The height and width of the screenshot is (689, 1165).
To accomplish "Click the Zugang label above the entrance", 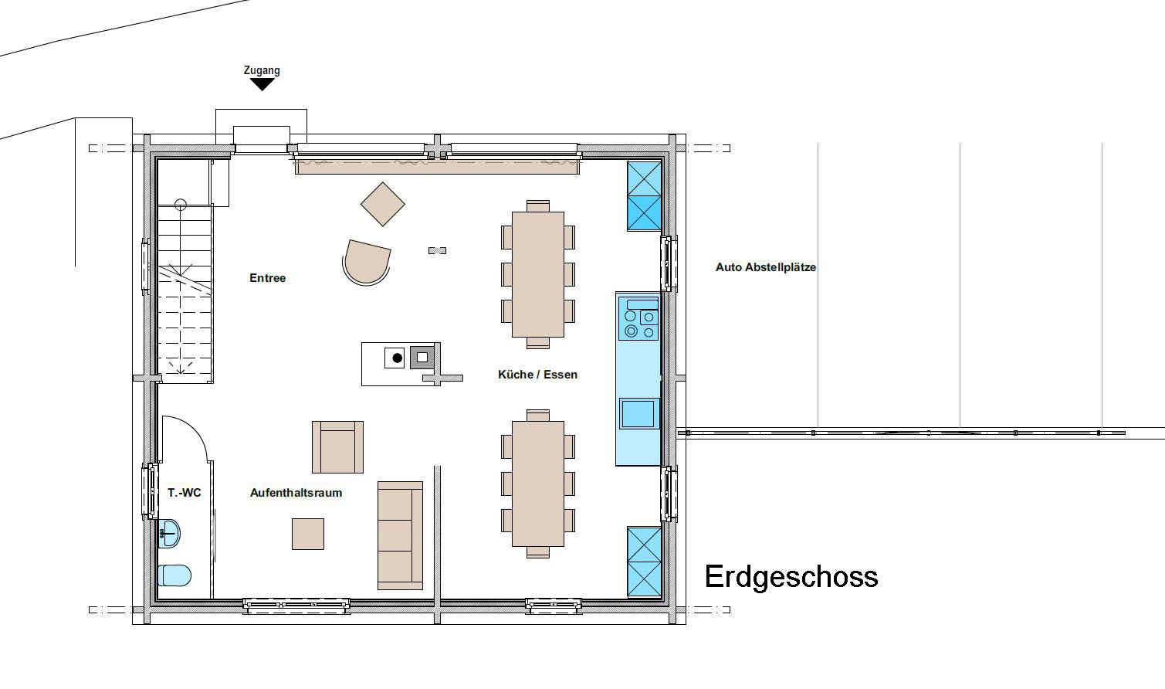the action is pos(262,70).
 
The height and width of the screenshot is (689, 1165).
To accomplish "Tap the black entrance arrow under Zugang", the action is pos(262,84).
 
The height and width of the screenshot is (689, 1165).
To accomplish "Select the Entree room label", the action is pos(267,278).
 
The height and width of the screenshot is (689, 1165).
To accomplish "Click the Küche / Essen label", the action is pos(537,374).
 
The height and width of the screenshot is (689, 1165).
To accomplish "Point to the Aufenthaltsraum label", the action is pos(296,492).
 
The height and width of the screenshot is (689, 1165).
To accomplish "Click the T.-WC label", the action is pos(184,492).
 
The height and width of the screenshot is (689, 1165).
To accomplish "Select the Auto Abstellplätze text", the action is pos(766,267).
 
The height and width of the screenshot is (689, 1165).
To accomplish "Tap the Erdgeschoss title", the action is pos(791,577).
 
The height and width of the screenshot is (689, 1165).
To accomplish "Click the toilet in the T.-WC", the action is pos(174,575).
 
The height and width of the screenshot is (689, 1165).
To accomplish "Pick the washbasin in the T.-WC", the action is pos(168,534).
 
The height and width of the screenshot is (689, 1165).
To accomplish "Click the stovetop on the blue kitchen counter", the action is pos(639,319).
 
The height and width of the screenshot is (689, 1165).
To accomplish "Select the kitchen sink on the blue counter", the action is pos(638,413).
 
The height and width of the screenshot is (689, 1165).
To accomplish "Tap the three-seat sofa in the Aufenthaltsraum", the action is pos(400,535).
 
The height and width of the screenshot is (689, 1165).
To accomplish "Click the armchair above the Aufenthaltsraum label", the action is pos(337,447).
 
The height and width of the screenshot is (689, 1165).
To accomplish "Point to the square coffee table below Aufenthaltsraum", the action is pos(308,534).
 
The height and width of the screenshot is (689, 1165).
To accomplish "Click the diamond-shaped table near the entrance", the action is pos(383,204).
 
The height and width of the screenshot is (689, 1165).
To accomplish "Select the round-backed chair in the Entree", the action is pos(367,261).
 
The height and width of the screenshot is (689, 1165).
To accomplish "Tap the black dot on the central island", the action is pos(398,358).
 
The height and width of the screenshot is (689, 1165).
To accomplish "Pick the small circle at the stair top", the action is pos(181,205).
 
